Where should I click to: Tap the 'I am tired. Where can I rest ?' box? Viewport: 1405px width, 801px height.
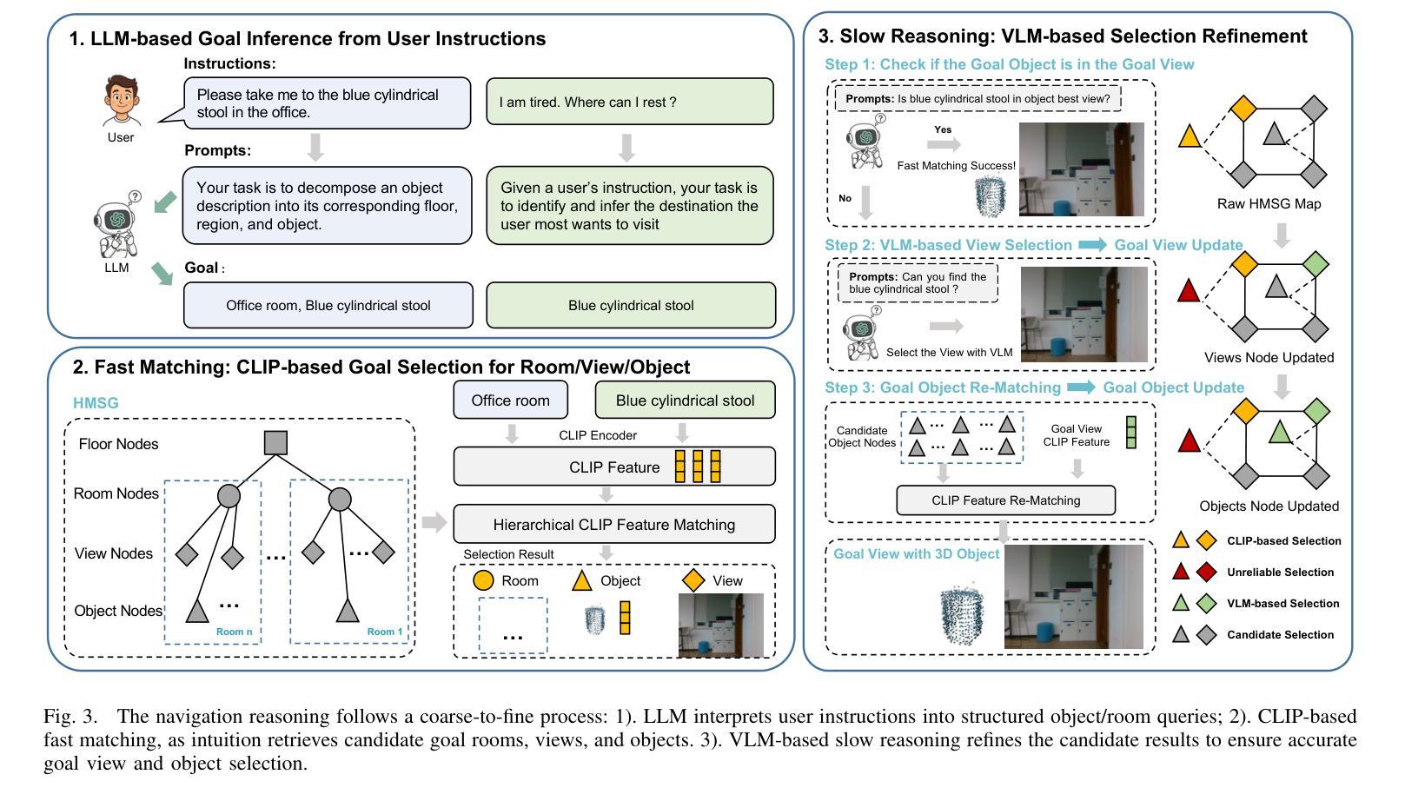[629, 103]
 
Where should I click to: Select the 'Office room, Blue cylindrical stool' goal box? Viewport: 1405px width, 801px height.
[328, 305]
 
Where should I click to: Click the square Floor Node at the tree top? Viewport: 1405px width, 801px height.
[275, 443]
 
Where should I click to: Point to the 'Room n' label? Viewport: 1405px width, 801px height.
[234, 632]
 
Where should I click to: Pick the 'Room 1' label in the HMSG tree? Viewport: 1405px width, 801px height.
[385, 632]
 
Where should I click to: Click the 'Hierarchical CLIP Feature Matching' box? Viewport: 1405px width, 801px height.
[613, 525]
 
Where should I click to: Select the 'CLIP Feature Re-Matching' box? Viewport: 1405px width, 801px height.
[1005, 500]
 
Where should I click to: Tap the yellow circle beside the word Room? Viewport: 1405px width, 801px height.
[484, 580]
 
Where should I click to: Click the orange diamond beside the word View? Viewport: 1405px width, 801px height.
[693, 580]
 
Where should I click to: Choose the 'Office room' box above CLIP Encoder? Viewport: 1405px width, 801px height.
[510, 400]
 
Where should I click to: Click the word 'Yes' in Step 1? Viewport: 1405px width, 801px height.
[943, 129]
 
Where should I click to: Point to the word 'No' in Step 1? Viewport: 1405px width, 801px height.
[845, 198]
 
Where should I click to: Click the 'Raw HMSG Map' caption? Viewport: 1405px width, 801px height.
[1269, 204]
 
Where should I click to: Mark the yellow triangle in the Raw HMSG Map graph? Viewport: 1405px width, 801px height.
[1190, 136]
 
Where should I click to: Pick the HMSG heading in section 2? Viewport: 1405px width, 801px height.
[96, 403]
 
